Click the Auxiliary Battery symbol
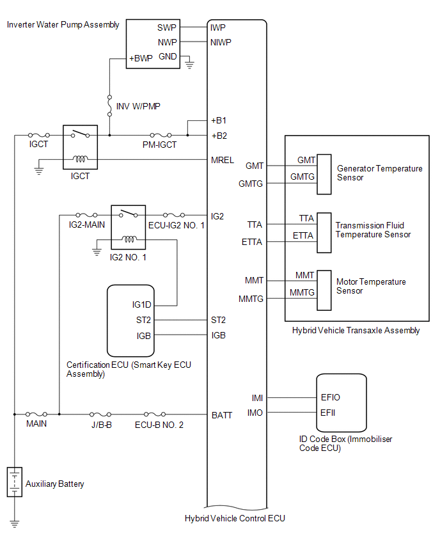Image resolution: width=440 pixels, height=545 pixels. (13, 482)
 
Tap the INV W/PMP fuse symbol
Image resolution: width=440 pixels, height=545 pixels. (109, 103)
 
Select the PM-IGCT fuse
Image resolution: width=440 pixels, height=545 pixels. (159, 135)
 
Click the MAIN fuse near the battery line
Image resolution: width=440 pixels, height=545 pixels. (35, 414)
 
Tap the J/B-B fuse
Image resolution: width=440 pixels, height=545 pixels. (100, 414)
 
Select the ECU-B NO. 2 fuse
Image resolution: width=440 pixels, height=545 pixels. (156, 414)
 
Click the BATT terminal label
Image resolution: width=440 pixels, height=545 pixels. (222, 415)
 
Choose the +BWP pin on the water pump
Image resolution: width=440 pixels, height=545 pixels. (141, 58)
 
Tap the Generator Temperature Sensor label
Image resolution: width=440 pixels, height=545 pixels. (379, 173)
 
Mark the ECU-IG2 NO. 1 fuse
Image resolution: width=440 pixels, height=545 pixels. (174, 215)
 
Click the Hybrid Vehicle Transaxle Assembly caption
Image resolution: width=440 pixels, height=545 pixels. (356, 331)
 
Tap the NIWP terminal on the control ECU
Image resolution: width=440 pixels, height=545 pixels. (221, 43)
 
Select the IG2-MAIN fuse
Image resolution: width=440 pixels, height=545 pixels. (86, 215)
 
